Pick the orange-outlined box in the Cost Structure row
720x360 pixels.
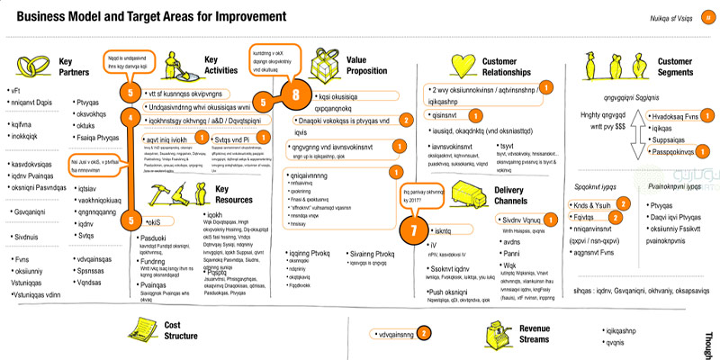[x=394, y=332]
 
